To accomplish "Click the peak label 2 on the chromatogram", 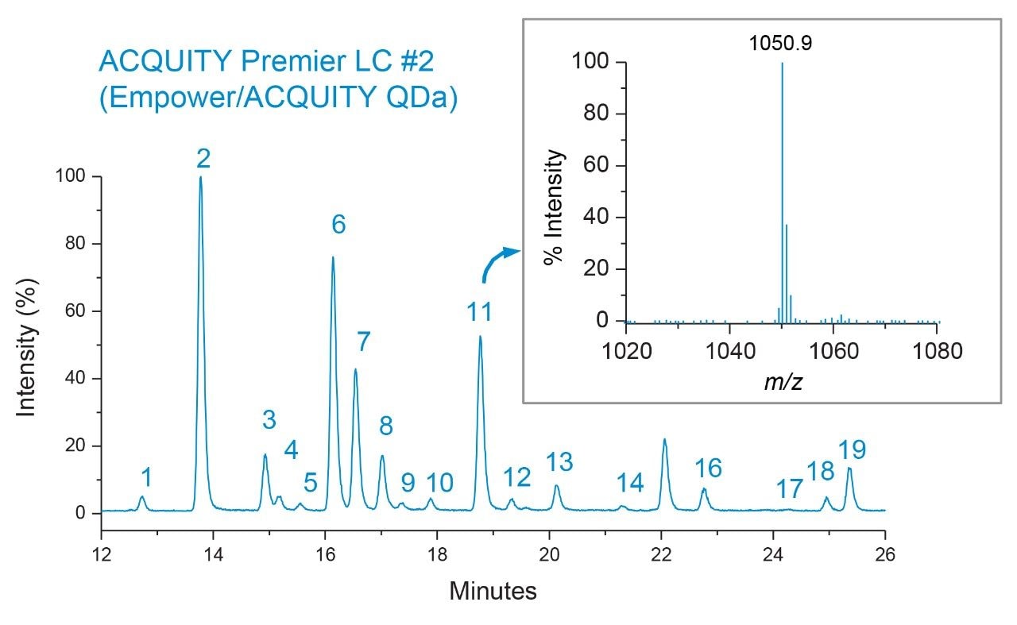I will (x=203, y=160).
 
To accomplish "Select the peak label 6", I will (x=338, y=225).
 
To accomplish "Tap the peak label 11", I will (x=479, y=311).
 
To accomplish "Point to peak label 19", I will (x=852, y=450).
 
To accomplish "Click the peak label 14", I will (x=630, y=482).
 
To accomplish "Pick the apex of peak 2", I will (x=200, y=177).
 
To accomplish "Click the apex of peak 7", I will (x=355, y=369).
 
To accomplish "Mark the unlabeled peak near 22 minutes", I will (x=664, y=439).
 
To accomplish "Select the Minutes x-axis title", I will (x=493, y=591).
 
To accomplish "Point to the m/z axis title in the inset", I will (x=783, y=381).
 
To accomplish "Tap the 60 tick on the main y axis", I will (x=82, y=311).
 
